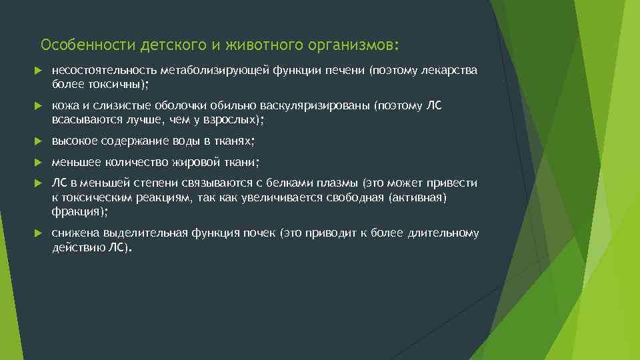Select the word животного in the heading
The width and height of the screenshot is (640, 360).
pos(257,45)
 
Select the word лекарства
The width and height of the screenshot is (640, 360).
pos(450,71)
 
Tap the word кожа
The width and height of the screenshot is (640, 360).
pos(64,106)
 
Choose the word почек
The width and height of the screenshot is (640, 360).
pos(260,233)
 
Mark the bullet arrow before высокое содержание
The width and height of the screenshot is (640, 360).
pos(37,141)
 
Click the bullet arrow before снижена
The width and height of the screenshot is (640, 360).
pos(37,233)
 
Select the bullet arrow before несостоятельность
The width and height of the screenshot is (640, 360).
pos(37,71)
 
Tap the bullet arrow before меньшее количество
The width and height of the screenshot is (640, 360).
pos(37,162)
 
